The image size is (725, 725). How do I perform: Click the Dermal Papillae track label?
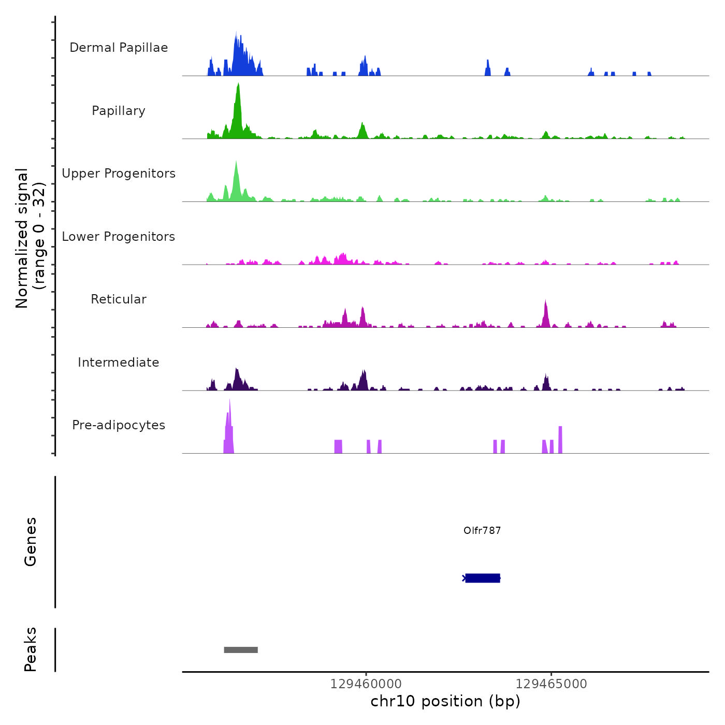pyautogui.click(x=119, y=48)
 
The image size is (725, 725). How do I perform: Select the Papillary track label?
pyautogui.click(x=119, y=111)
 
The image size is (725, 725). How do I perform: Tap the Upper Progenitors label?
pyautogui.click(x=119, y=173)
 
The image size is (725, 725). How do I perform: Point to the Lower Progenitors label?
pyautogui.click(x=119, y=237)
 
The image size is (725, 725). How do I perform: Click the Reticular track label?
pyautogui.click(x=119, y=299)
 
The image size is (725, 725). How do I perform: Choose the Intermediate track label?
pyautogui.click(x=119, y=363)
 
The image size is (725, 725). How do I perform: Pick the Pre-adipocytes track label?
pyautogui.click(x=119, y=425)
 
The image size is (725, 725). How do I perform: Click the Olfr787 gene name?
pyautogui.click(x=482, y=530)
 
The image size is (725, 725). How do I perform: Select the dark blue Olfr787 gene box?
pyautogui.click(x=483, y=578)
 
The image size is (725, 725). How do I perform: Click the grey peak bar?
pyautogui.click(x=241, y=650)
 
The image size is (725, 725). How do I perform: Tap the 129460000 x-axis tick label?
pyautogui.click(x=366, y=684)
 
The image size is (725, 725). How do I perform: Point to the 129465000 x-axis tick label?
pyautogui.click(x=552, y=684)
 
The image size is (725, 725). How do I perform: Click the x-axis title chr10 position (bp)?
pyautogui.click(x=445, y=701)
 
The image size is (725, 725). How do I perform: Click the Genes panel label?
pyautogui.click(x=31, y=542)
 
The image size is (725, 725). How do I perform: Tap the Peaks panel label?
pyautogui.click(x=31, y=649)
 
